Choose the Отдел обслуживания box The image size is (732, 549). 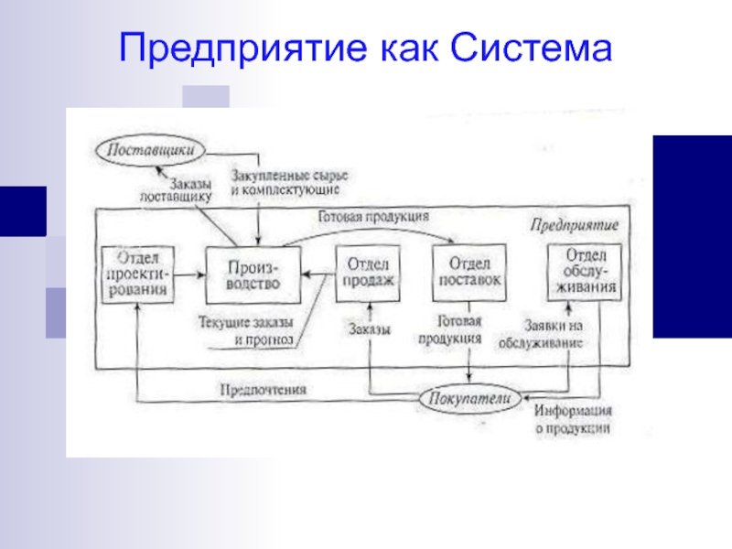click(x=582, y=272)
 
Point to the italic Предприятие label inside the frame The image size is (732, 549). click(x=576, y=224)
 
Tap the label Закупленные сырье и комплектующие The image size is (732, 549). click(x=289, y=180)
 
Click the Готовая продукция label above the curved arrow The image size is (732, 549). click(x=374, y=219)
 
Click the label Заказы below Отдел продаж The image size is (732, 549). click(x=370, y=329)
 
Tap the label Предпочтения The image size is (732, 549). click(x=263, y=389)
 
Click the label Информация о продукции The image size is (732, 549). click(x=574, y=419)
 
